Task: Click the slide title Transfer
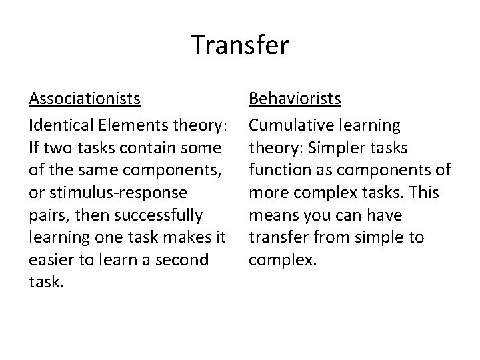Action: (x=240, y=45)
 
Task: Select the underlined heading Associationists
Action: (x=85, y=99)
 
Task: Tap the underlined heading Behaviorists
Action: (x=295, y=99)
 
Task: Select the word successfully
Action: (x=163, y=215)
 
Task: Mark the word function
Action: (x=277, y=170)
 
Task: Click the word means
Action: (x=273, y=215)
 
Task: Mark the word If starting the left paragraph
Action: (x=34, y=147)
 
